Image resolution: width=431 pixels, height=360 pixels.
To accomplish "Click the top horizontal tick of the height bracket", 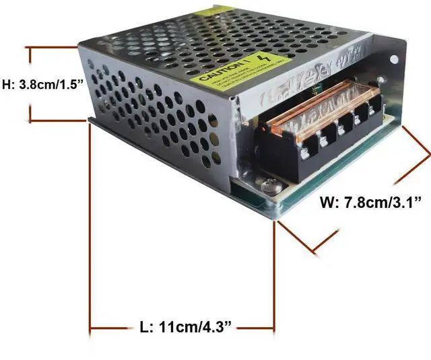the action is [54, 48].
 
